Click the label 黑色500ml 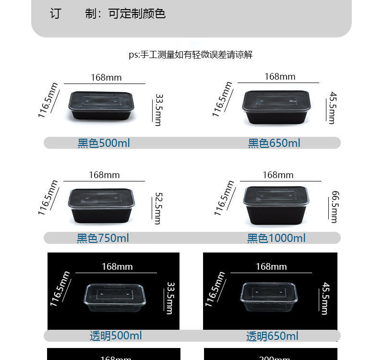[x=104, y=143]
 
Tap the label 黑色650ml [x=274, y=143]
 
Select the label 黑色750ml [x=103, y=238]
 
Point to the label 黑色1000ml [x=276, y=238]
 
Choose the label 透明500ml [x=116, y=336]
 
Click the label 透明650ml [x=272, y=336]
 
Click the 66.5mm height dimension [x=335, y=207]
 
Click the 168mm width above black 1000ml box [x=278, y=175]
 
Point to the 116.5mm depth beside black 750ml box [x=48, y=198]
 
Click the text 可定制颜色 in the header [x=137, y=13]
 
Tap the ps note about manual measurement [x=191, y=55]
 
